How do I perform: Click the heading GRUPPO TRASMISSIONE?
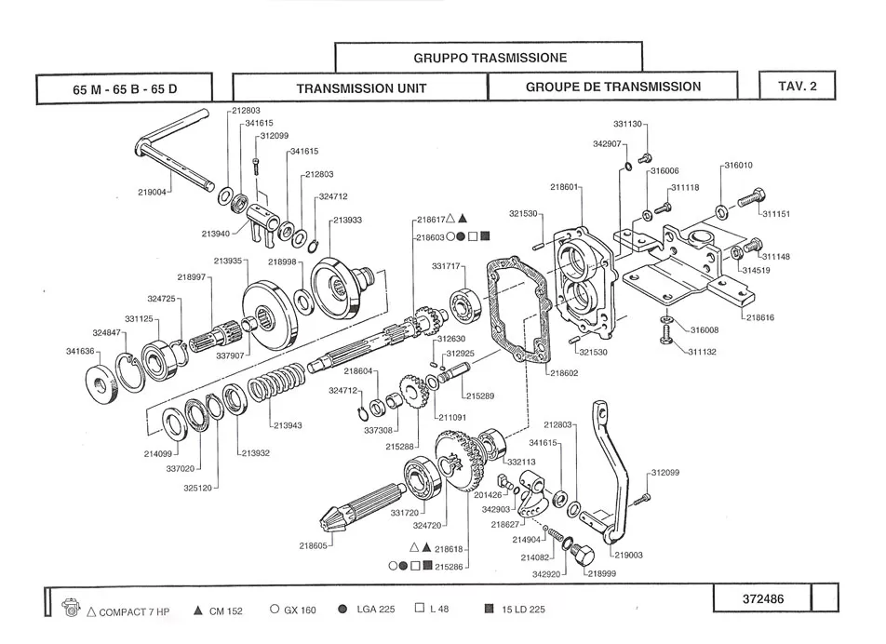(490, 58)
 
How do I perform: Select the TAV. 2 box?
(797, 87)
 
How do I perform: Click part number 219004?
(152, 193)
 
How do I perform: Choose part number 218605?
(314, 545)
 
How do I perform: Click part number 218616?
(759, 317)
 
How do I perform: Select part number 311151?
(775, 214)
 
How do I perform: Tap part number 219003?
(628, 555)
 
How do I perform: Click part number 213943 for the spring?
(288, 425)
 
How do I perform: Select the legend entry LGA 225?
(375, 610)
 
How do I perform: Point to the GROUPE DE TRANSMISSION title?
(612, 87)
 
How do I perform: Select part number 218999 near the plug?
(603, 573)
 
